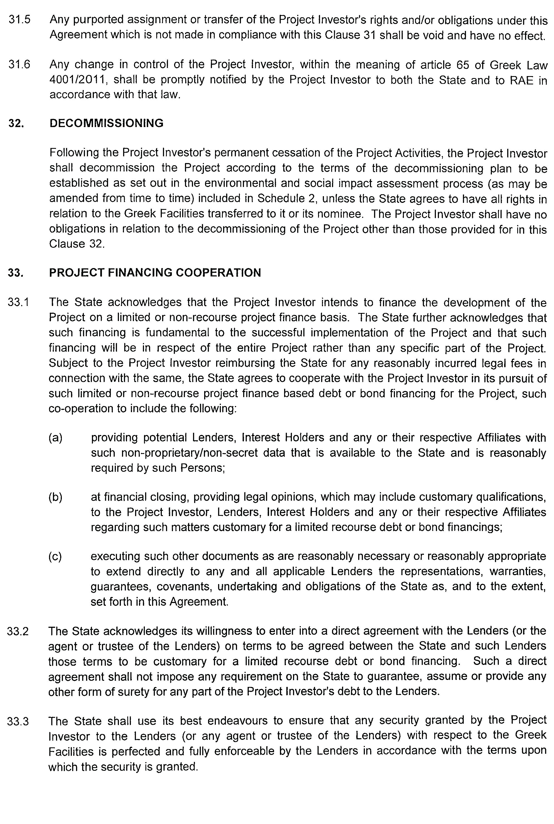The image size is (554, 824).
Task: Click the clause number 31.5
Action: tap(19, 20)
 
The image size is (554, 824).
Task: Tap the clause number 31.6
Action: tap(19, 65)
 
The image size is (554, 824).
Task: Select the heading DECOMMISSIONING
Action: tap(106, 123)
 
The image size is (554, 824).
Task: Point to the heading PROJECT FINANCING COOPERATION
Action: tap(155, 273)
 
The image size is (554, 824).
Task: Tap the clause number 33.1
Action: tap(19, 302)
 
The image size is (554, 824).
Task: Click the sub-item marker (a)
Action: tap(55, 437)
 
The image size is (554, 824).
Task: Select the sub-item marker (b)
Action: tap(55, 497)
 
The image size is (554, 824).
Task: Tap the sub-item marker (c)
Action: tap(55, 556)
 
